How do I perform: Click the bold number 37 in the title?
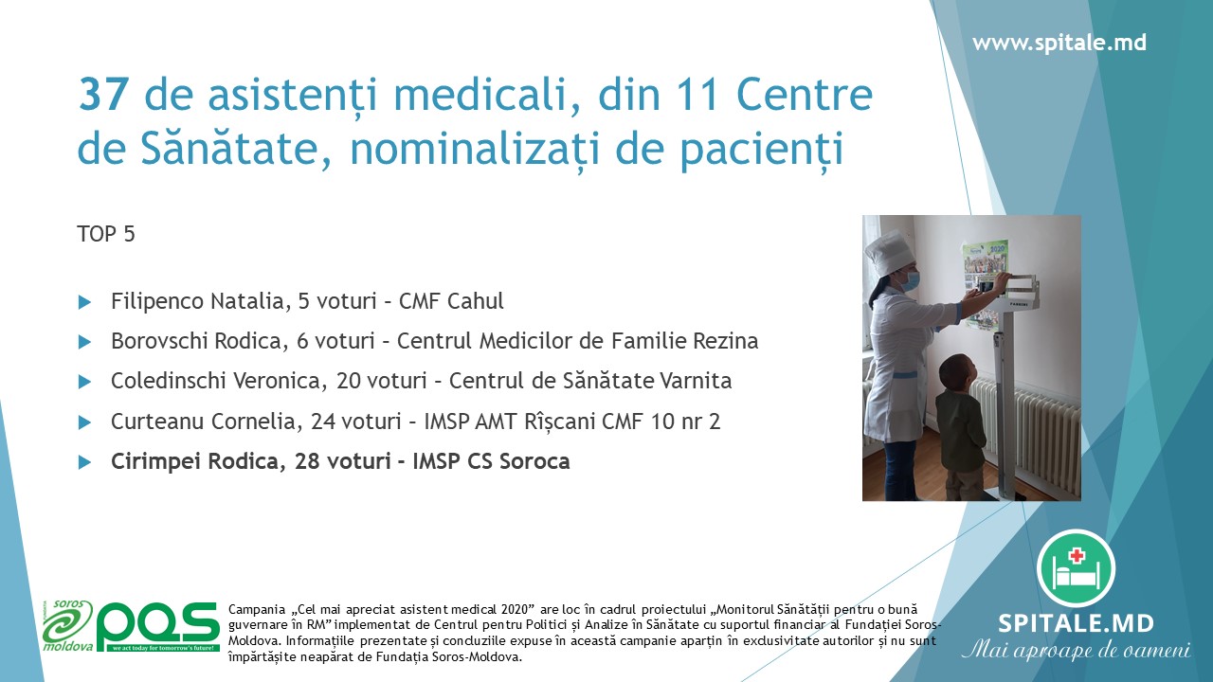(103, 95)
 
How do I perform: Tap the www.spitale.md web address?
(1059, 43)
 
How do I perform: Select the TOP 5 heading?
(105, 234)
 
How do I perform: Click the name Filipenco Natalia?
(197, 301)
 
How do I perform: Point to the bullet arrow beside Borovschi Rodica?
(84, 342)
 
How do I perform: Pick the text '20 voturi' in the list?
(381, 381)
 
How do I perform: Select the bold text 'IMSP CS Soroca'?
(491, 461)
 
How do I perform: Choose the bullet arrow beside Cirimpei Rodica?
(84, 462)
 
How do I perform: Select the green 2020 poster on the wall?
(986, 281)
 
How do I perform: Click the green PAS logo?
(158, 627)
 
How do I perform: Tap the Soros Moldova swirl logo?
(67, 625)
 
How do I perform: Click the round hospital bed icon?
(1076, 568)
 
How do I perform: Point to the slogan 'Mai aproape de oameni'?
(1076, 650)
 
